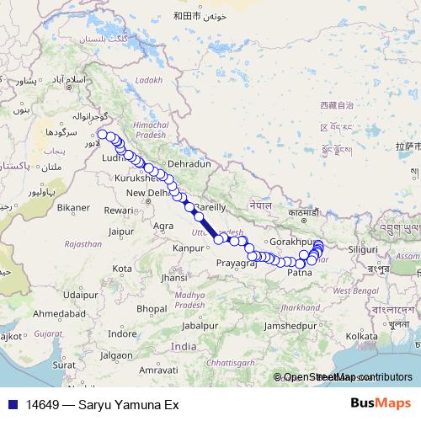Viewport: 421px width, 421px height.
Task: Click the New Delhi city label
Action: point(147,193)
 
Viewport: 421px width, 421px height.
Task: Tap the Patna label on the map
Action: point(301,273)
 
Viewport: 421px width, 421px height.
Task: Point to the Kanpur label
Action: point(189,249)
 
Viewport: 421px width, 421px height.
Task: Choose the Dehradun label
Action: point(188,163)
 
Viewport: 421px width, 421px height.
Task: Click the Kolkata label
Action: point(360,335)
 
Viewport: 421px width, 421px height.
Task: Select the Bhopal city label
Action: point(151,308)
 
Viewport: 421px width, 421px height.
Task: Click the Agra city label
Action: point(163,226)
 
